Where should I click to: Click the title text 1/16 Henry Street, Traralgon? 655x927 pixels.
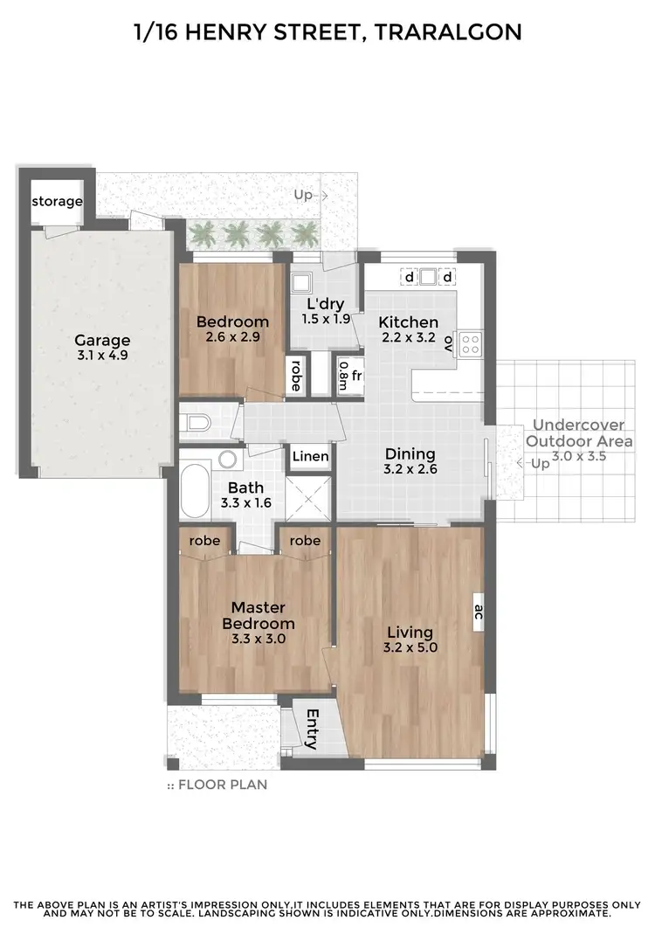(327, 32)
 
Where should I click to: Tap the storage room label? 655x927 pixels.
(57, 202)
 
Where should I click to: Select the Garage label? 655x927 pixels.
(102, 340)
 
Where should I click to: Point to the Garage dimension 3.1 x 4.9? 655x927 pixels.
(102, 356)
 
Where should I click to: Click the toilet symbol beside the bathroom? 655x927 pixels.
(196, 424)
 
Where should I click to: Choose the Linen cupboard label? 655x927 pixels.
(311, 456)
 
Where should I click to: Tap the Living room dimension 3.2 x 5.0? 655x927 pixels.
(410, 647)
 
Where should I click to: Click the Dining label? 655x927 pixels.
(410, 453)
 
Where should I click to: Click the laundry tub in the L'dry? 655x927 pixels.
(301, 282)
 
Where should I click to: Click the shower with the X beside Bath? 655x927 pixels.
(311, 497)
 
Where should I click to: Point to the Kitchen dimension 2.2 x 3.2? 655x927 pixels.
(408, 338)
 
